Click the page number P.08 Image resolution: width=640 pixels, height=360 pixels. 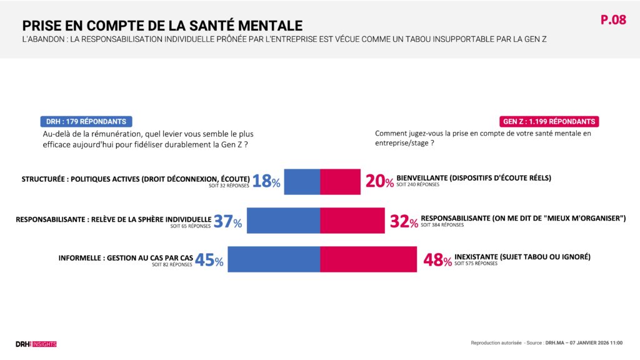(613, 20)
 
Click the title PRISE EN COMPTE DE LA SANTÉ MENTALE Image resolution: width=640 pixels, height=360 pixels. (162, 25)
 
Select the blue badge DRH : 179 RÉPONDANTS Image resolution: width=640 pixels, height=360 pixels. (86, 121)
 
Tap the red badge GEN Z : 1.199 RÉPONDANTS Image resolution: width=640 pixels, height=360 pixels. (549, 121)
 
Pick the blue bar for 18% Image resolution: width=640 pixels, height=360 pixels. (302, 181)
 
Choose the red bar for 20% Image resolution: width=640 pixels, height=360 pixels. (340, 181)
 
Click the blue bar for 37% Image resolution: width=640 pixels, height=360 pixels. (283, 221)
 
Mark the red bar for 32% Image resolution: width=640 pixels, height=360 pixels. (352, 221)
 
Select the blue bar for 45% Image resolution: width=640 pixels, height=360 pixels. (274, 259)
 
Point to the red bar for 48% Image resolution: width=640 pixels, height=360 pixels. (368, 259)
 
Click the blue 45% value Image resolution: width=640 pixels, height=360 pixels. (209, 260)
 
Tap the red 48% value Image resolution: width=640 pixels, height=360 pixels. (437, 260)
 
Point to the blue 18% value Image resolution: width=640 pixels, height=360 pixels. (266, 182)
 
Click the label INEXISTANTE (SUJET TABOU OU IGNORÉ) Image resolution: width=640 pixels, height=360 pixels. (522, 256)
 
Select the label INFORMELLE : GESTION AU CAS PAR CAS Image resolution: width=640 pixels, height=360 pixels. (125, 257)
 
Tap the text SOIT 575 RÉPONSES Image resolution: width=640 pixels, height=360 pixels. (476, 264)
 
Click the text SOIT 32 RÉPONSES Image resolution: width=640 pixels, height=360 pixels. (229, 186)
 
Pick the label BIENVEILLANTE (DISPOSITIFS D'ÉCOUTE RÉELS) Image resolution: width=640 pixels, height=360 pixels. (474, 177)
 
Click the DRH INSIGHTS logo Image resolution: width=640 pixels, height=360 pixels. (36, 344)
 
